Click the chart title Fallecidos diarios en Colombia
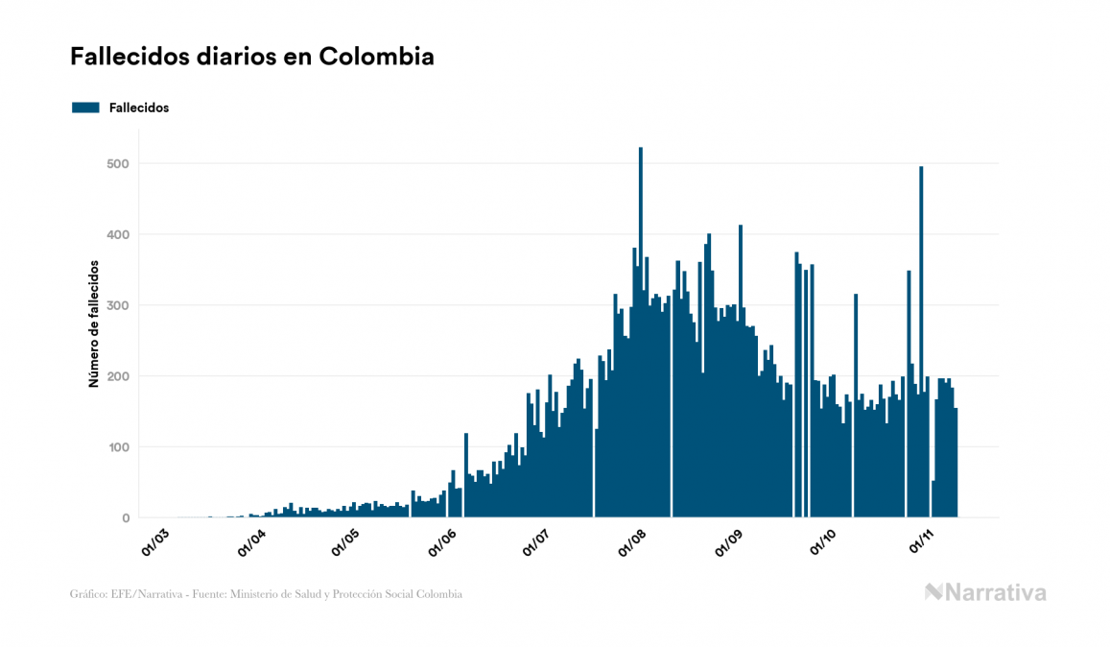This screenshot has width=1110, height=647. pos(252,57)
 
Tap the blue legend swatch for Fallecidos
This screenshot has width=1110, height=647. pos(85,108)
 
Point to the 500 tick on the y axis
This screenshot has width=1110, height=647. pos(119,163)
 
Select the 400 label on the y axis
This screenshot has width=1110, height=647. pos(119,234)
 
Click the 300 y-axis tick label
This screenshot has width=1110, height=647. pos(119,305)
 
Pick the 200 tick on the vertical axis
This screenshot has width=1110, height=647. pos(119,376)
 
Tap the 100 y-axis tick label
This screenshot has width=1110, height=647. pos(119,447)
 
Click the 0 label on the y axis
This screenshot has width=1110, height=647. pos(125,518)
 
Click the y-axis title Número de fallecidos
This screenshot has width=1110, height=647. pos(94,323)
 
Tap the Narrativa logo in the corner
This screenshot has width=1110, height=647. pos(985,592)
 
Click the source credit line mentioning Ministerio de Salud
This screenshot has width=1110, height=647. pos(266,595)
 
